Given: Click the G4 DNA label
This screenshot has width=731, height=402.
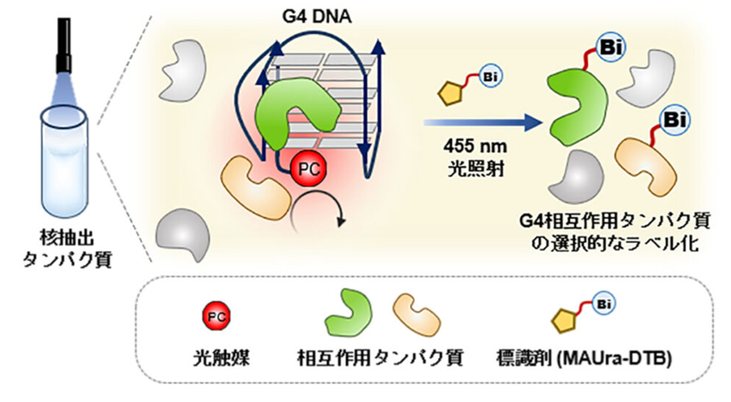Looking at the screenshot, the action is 316,17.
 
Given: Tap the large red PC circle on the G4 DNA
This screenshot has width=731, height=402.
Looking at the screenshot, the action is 308,169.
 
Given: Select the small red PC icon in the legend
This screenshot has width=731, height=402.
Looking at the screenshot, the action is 216,317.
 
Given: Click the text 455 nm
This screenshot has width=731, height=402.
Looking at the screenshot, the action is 475,147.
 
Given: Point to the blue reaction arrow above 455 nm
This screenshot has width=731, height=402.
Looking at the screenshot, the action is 483,123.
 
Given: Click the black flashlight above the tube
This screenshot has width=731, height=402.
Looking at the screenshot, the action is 63,46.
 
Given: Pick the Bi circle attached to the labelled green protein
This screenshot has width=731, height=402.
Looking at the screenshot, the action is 610,48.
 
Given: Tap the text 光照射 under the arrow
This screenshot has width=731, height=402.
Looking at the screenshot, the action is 475,169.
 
